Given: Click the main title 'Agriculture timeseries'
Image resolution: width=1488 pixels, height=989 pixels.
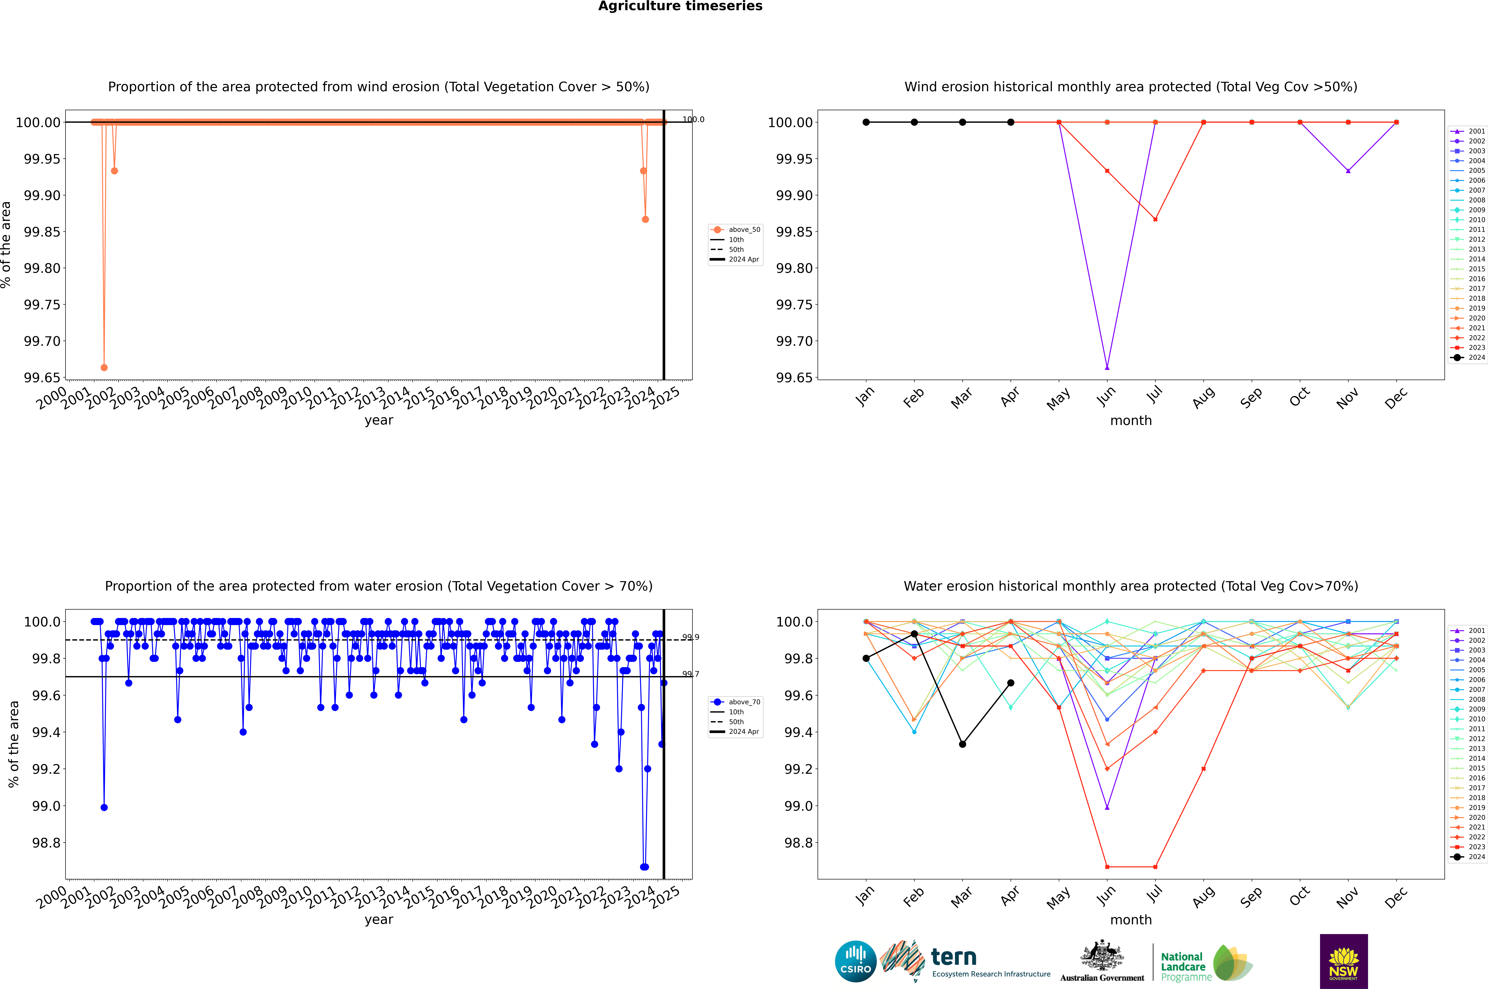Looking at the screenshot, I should tap(680, 6).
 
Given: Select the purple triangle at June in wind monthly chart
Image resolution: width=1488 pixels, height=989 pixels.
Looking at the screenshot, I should tap(1107, 367).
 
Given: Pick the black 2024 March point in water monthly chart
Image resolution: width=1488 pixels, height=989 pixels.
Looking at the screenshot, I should tap(963, 744).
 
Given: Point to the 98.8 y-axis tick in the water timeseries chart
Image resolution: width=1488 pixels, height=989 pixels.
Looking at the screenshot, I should tap(46, 843).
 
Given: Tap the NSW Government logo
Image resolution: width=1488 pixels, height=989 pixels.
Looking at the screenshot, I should tap(1344, 961).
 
